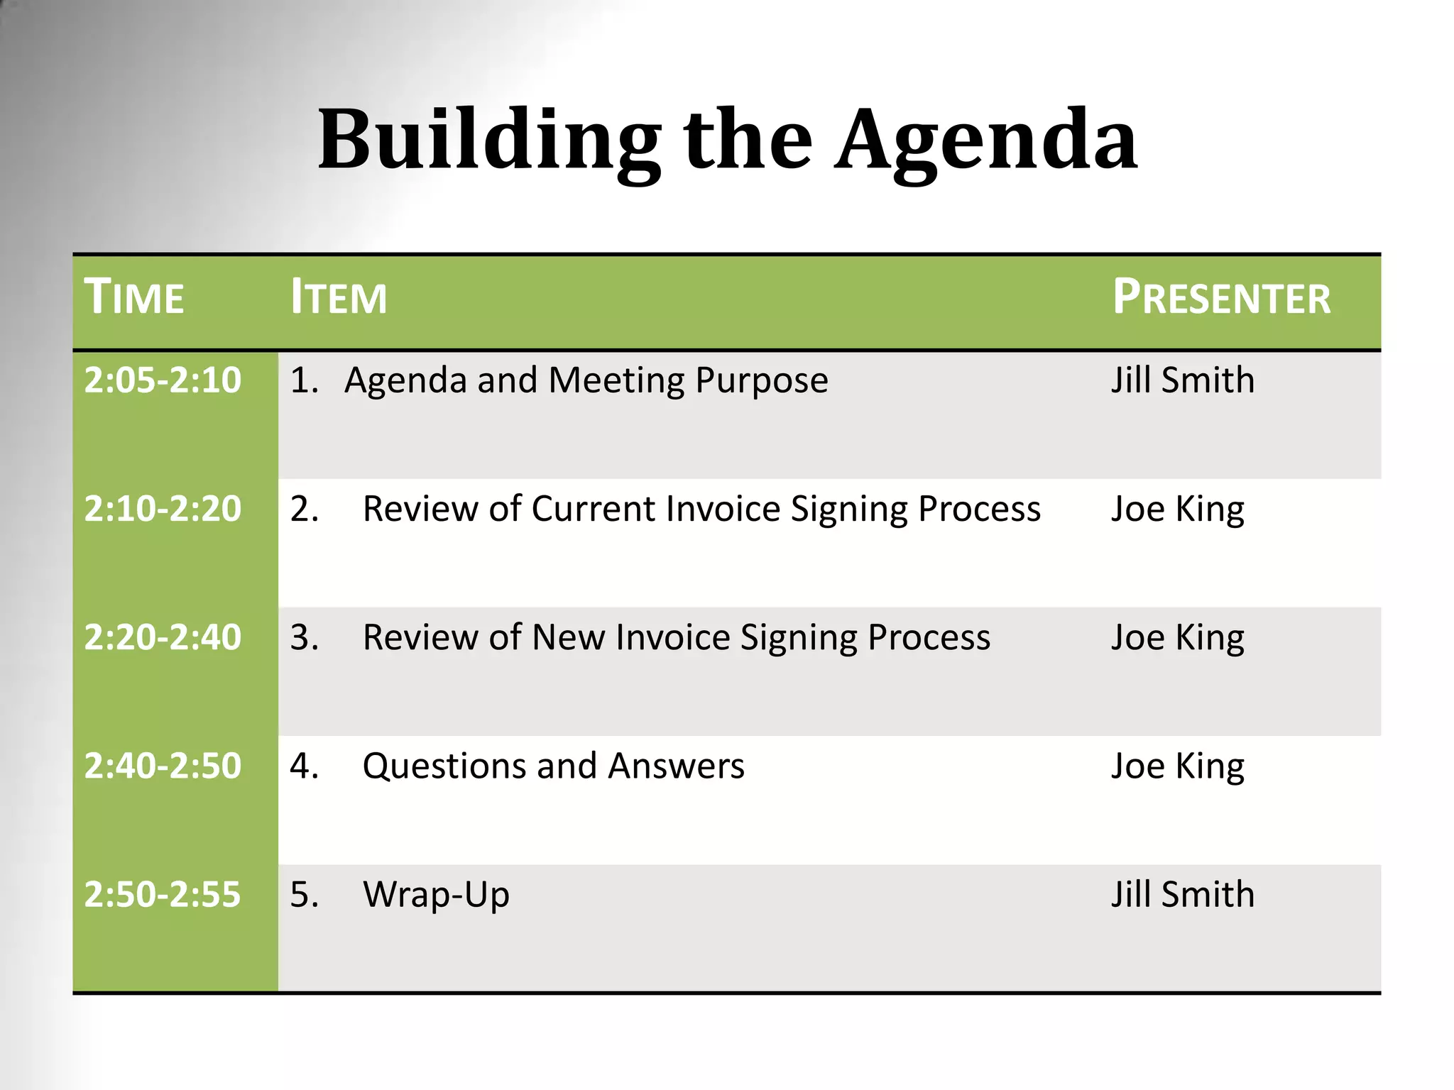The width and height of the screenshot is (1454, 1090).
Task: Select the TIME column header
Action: (134, 297)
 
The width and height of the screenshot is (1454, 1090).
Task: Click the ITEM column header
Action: (339, 297)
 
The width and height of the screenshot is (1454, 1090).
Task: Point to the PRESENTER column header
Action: (1221, 297)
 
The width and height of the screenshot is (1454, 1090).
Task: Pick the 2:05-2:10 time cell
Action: (163, 380)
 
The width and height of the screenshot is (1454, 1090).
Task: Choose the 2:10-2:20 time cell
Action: (163, 509)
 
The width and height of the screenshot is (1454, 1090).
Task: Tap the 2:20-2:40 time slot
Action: (163, 637)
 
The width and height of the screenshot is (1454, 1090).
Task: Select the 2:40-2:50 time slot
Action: (163, 766)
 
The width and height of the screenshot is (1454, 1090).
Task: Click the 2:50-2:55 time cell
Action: (163, 894)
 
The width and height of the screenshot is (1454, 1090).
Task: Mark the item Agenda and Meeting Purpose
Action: (586, 380)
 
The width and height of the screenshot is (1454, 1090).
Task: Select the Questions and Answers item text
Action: (553, 766)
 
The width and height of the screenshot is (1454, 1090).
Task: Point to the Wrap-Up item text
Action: (436, 895)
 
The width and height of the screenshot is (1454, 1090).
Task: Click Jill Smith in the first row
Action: (1182, 380)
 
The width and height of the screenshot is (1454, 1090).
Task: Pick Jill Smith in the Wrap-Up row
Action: (1182, 894)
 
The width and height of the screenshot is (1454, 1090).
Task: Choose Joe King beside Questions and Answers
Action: (1177, 766)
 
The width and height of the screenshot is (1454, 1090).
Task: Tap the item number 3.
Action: (304, 637)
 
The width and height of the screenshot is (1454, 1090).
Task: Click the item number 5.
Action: (304, 894)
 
